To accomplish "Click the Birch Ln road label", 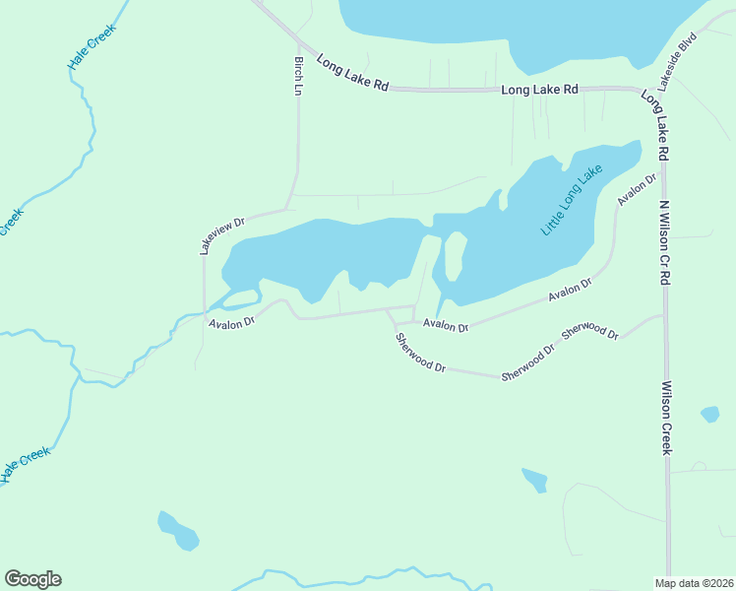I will tap(297, 75).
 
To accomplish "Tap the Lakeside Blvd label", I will tap(678, 62).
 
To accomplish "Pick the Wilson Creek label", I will tap(666, 418).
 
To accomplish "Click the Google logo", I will tap(32, 579).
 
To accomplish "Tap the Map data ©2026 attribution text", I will tap(694, 583).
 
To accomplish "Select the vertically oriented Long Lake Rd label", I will tap(656, 126).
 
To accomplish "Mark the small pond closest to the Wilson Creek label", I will tap(709, 415).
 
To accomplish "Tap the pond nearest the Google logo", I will tap(178, 532).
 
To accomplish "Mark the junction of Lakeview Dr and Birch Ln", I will tap(288, 208).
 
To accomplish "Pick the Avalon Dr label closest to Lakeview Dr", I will tap(232, 321).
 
